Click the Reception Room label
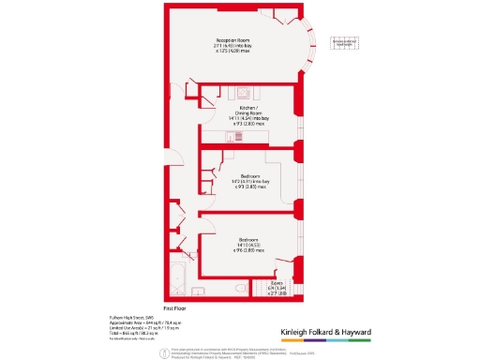point(232,43)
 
